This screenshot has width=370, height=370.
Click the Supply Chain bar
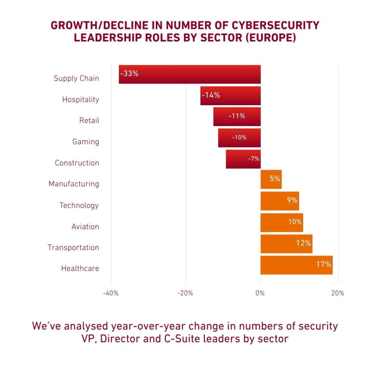click(x=190, y=74)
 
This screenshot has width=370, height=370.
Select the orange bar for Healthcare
click(x=296, y=265)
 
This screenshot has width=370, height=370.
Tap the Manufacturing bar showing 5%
click(x=271, y=180)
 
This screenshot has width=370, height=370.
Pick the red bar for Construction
click(x=243, y=159)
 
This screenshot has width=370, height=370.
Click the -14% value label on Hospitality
click(x=211, y=95)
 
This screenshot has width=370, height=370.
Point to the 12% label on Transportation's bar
click(x=304, y=243)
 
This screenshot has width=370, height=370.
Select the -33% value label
click(x=129, y=73)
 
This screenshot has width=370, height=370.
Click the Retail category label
click(x=89, y=120)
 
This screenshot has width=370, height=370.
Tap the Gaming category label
click(x=86, y=142)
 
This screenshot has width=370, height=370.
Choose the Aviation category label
click(x=85, y=227)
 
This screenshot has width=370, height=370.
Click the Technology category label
click(x=79, y=205)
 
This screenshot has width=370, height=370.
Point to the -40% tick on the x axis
click(x=111, y=293)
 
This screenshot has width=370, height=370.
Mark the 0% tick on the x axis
click(x=260, y=293)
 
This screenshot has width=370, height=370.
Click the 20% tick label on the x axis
click(x=337, y=293)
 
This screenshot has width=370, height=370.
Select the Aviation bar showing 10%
click(x=281, y=223)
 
